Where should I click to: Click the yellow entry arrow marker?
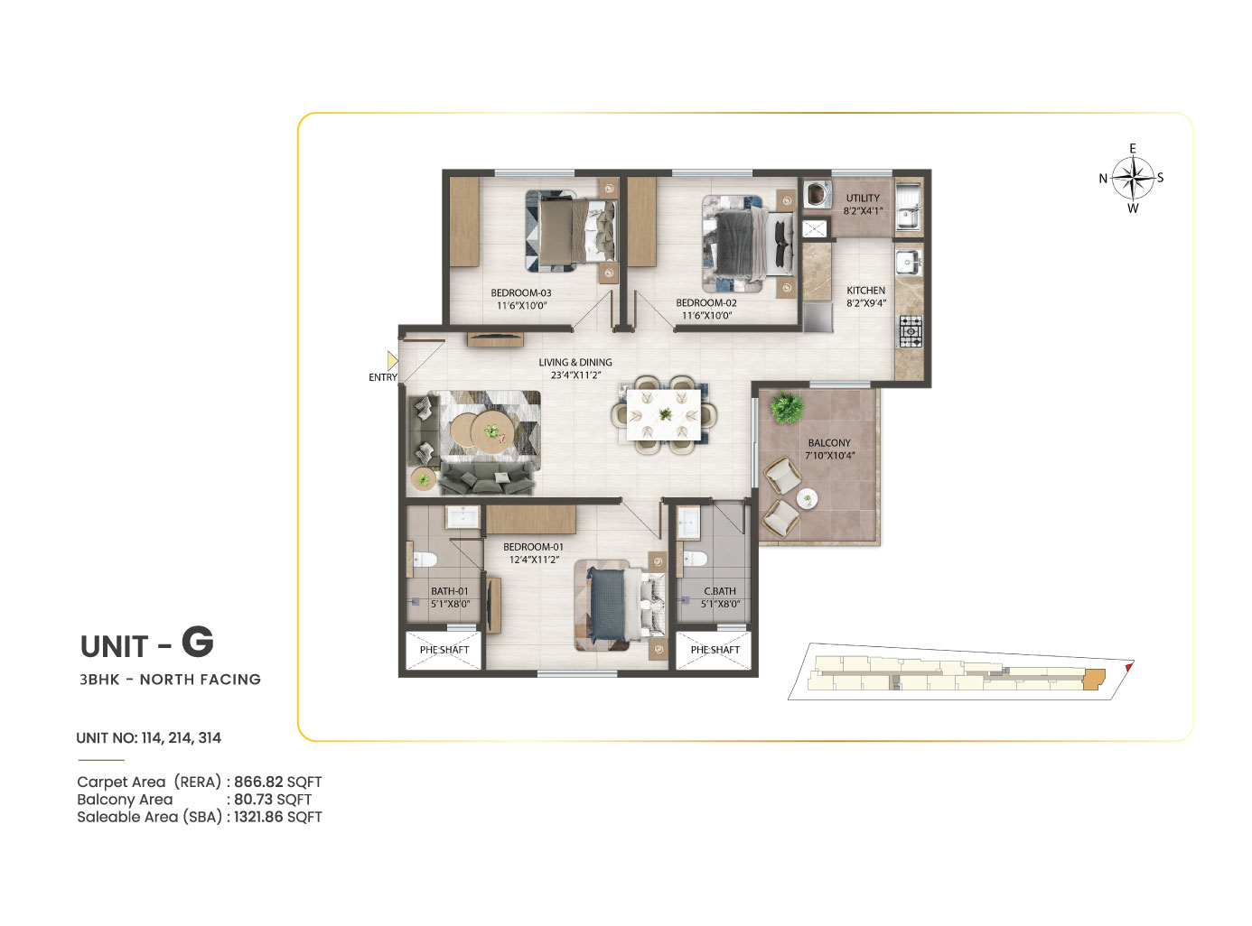point(392,360)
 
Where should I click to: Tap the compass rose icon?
point(1133,178)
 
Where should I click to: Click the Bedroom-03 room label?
point(520,292)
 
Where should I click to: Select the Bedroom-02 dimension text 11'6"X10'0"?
point(706,315)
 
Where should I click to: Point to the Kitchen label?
point(865,291)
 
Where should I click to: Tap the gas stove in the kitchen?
point(910,331)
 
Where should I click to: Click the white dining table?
point(664,415)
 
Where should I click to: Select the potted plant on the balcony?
point(786,408)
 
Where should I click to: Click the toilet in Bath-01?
point(425,560)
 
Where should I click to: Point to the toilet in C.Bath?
point(695,559)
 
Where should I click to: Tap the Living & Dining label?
point(575,362)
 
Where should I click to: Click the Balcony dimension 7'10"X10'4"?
point(829,455)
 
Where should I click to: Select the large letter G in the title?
point(198,642)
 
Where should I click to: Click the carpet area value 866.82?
point(258,782)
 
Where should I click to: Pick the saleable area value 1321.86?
point(258,817)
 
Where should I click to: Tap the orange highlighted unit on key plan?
point(1093,679)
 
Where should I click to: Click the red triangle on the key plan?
point(1128,667)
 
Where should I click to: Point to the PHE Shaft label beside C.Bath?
point(715,650)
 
